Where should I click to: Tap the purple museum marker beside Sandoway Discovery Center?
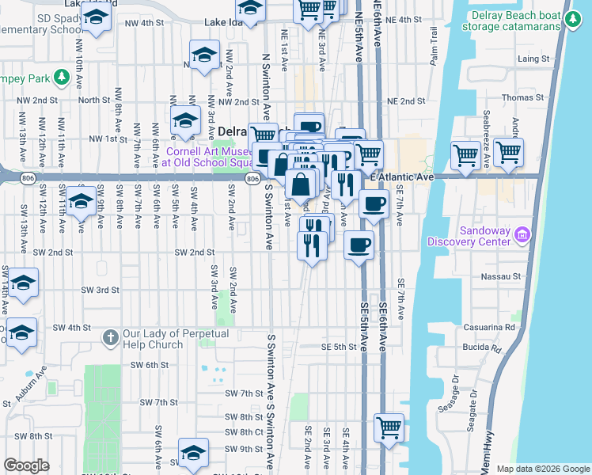click(521, 234)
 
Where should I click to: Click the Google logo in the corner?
click(26, 465)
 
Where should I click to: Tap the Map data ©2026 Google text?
click(542, 469)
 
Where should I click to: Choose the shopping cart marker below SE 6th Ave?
click(389, 428)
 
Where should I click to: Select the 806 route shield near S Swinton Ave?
click(252, 180)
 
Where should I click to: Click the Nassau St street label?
click(503, 277)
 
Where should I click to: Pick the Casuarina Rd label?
click(495, 326)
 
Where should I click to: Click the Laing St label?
click(533, 59)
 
